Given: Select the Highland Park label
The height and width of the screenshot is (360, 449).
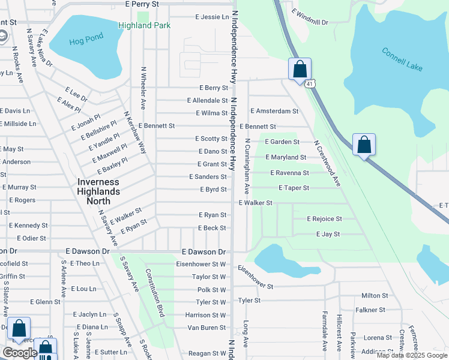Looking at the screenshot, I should click(x=144, y=26).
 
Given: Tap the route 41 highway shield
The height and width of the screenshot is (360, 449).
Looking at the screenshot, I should click(x=309, y=84).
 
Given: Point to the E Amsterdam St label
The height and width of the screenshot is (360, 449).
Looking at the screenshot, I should click(x=274, y=111).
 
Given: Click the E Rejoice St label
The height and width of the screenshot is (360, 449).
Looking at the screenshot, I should click(x=324, y=219).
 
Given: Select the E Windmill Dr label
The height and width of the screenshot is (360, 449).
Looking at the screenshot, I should click(x=310, y=17).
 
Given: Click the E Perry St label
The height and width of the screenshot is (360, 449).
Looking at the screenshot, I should click(x=142, y=4).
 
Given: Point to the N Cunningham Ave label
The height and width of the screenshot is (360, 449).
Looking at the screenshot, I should click(x=247, y=166).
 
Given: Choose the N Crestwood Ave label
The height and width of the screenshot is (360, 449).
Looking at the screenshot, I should click(x=328, y=163).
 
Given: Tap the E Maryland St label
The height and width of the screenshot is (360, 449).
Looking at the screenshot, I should click(x=286, y=157).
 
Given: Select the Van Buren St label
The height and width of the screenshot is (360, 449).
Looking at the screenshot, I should click(x=206, y=328).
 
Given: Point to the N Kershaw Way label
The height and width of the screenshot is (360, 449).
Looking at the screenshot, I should click(x=135, y=132).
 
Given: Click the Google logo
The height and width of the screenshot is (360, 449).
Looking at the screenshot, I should click(x=20, y=353).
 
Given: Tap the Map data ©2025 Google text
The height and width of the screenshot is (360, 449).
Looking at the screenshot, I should click(x=412, y=355).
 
